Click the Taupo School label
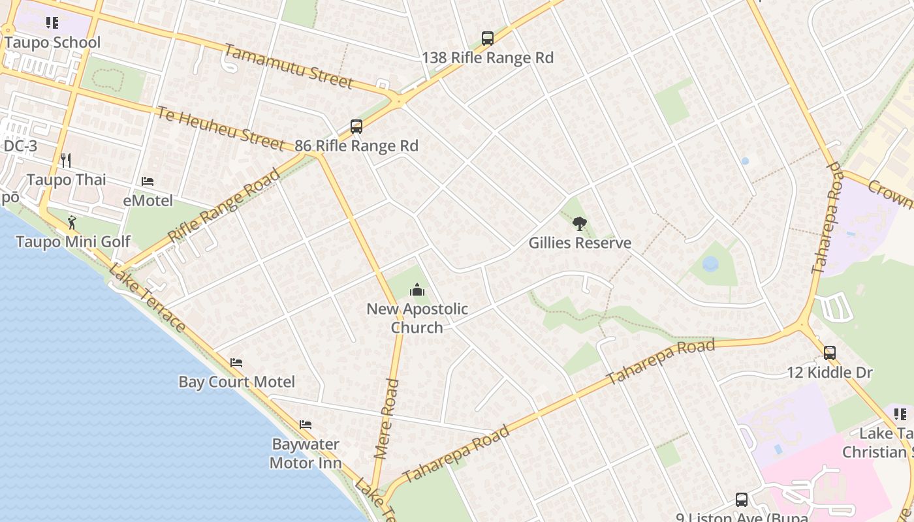coord(52,43)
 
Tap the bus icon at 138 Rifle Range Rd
coord(488,38)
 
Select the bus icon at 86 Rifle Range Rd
coord(356,127)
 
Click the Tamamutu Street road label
coord(289,66)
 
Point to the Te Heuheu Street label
coord(220,129)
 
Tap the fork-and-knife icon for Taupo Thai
coord(65,160)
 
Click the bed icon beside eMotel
coord(148,181)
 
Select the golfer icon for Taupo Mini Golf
coord(72,223)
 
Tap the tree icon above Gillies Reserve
coord(579,224)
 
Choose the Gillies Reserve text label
coord(580,243)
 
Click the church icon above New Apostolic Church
coord(417,290)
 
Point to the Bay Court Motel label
coord(236,382)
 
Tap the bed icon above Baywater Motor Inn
coord(305,425)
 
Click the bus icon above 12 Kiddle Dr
coord(830,353)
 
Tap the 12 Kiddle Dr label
coord(830,373)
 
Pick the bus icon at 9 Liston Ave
coord(742,500)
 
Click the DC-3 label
coord(20,146)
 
